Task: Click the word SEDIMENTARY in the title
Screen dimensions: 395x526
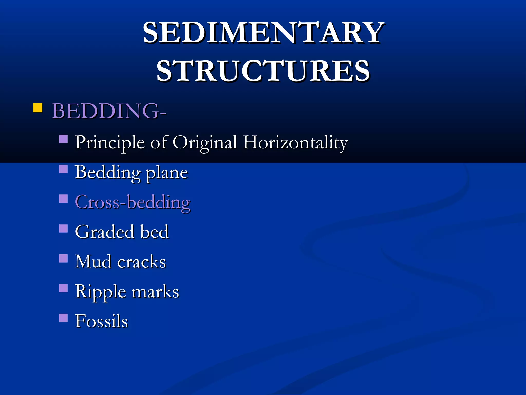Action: (263, 33)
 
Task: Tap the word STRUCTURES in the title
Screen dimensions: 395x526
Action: (263, 71)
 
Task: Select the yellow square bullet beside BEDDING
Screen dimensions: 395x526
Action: (37, 108)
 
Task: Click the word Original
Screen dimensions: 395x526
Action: (204, 142)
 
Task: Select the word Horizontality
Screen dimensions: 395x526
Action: (295, 142)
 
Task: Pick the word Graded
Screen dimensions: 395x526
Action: (104, 232)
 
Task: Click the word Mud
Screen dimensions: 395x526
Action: (93, 262)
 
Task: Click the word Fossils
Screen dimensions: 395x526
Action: (101, 321)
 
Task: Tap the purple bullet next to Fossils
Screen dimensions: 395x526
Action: (63, 318)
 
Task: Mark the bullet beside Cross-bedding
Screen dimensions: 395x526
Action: (63, 199)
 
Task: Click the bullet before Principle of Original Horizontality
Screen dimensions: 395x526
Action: (63, 139)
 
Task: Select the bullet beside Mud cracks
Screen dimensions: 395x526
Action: (63, 258)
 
